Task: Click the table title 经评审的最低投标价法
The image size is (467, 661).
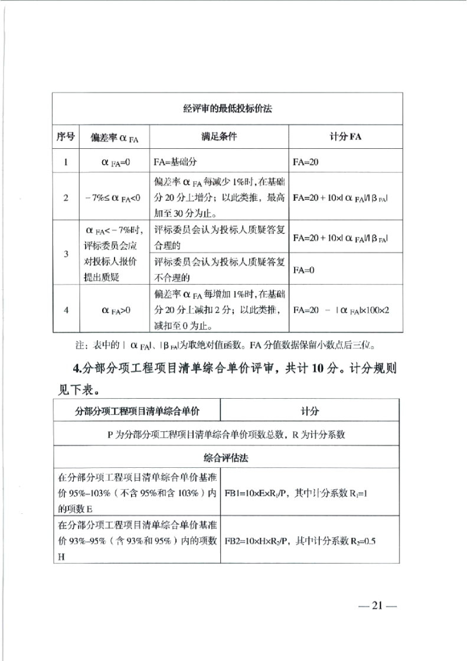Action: point(227,109)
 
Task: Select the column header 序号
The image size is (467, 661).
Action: point(66,136)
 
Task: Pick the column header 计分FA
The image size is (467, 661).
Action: point(345,136)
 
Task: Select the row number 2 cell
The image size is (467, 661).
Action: point(66,197)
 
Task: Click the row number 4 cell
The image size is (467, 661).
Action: point(66,310)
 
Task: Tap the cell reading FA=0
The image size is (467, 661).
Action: point(305,270)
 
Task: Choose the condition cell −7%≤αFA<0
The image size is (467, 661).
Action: point(113,197)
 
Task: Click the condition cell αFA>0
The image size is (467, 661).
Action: point(113,310)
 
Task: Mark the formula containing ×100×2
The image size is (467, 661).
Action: point(344,310)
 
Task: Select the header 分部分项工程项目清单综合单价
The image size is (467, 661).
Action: point(136,410)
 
